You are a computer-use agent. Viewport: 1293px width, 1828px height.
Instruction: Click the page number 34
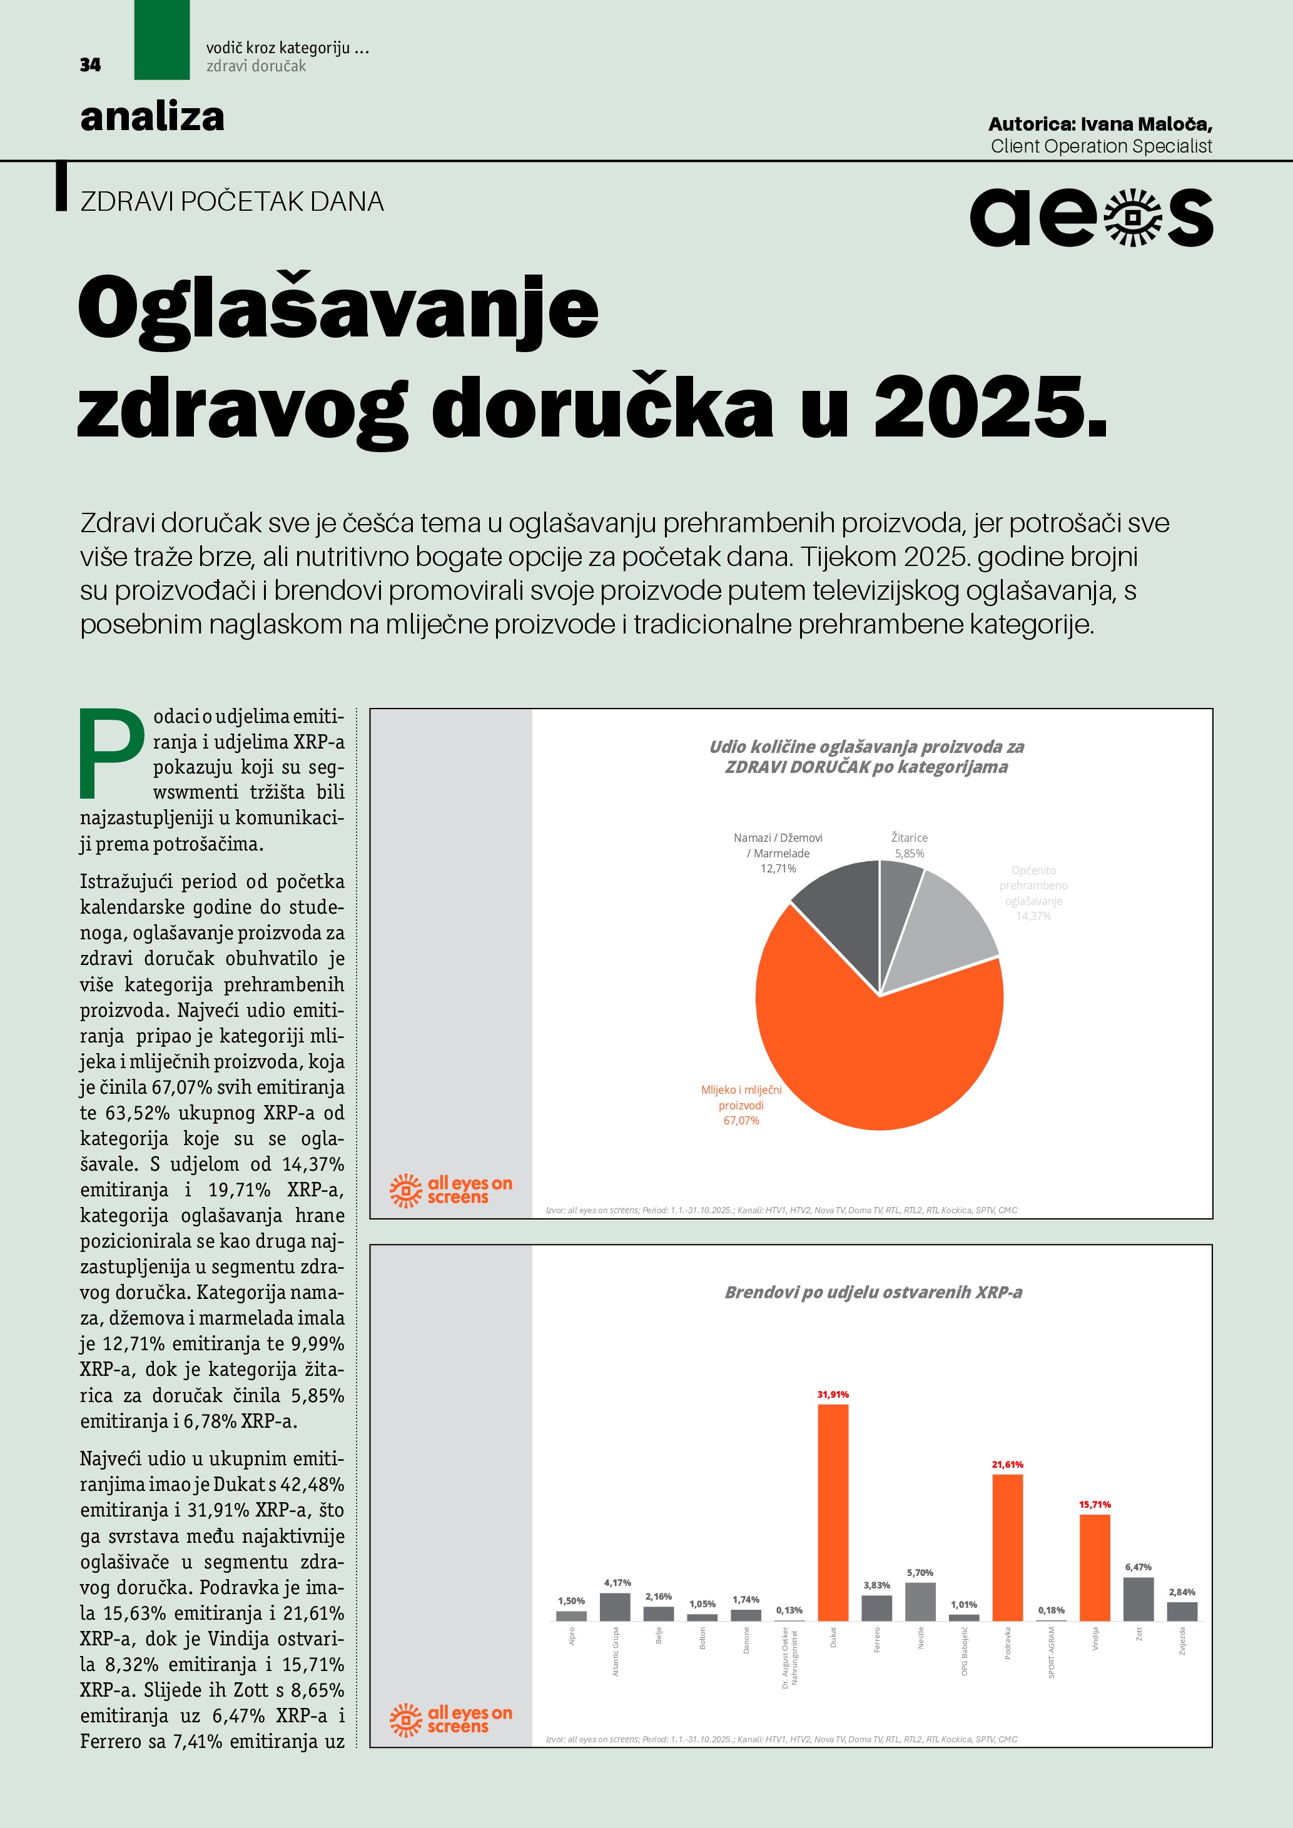click(x=90, y=64)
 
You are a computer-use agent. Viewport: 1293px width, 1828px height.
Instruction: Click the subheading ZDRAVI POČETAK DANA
click(x=231, y=201)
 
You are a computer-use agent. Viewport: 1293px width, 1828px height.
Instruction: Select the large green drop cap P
click(x=111, y=752)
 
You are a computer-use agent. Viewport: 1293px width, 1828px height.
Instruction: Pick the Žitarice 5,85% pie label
click(x=910, y=846)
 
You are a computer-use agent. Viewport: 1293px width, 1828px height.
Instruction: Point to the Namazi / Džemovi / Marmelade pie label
click(x=778, y=852)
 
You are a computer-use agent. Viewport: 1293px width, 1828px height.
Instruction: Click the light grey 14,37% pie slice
click(x=948, y=924)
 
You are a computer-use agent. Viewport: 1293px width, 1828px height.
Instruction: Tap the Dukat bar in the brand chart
click(x=833, y=1513)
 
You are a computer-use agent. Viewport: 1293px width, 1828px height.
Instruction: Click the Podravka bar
click(x=1007, y=1548)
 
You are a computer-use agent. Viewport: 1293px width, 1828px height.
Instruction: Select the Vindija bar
click(x=1095, y=1568)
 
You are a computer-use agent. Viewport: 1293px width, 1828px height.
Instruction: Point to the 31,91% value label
click(x=833, y=1394)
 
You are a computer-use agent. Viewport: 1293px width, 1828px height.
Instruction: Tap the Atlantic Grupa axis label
click(x=616, y=1652)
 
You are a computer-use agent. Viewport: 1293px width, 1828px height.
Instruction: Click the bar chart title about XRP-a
click(x=873, y=1292)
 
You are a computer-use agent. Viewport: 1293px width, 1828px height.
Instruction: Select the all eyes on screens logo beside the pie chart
click(x=450, y=1190)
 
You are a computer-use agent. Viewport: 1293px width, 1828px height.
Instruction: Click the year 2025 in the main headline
click(x=990, y=408)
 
